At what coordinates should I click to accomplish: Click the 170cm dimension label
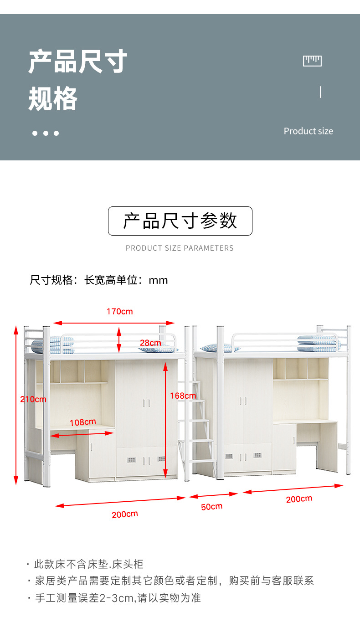(x=120, y=312)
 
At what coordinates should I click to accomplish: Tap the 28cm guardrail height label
(x=150, y=343)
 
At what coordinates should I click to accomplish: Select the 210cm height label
(x=33, y=399)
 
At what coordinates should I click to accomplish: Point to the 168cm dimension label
(x=183, y=396)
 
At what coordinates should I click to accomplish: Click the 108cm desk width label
(x=82, y=422)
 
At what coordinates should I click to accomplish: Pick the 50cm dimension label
(x=211, y=506)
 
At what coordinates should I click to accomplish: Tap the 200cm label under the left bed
(x=124, y=514)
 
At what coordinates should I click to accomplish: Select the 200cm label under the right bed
(x=299, y=499)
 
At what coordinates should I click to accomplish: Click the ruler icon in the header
(x=312, y=61)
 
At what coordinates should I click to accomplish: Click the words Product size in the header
(x=308, y=131)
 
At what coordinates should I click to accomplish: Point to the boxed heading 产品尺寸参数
(x=180, y=221)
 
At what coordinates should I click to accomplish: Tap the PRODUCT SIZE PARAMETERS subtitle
(x=180, y=248)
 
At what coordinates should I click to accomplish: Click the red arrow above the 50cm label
(x=213, y=495)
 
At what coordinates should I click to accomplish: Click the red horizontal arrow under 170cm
(x=114, y=323)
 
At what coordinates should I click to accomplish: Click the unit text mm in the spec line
(x=159, y=280)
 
